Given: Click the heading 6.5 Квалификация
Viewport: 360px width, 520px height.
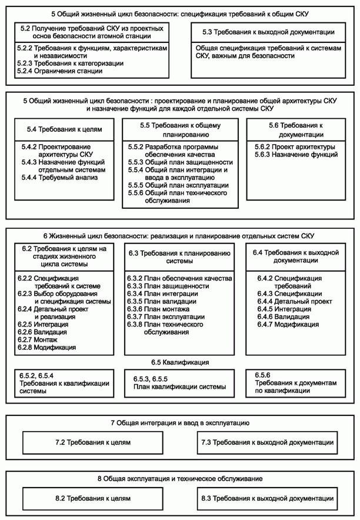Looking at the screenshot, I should point(180,362).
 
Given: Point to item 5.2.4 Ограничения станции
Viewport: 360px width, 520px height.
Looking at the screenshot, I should point(61,71).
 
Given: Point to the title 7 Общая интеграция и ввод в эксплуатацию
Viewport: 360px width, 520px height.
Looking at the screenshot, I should point(180,423).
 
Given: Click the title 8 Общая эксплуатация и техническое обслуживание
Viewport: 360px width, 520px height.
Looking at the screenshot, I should point(180,479).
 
